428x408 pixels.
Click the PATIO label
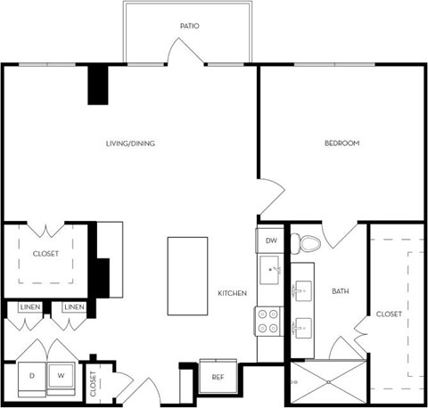[189, 27]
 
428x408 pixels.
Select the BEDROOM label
[342, 143]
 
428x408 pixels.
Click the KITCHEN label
[233, 293]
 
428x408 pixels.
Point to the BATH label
[341, 291]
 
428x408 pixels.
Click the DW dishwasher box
[269, 241]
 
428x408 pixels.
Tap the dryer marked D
[32, 375]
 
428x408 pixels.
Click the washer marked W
[61, 375]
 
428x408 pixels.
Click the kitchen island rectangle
[187, 275]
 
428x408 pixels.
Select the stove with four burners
[269, 320]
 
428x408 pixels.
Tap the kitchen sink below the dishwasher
[271, 270]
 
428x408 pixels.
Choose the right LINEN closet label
[73, 307]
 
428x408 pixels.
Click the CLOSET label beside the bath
[389, 314]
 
